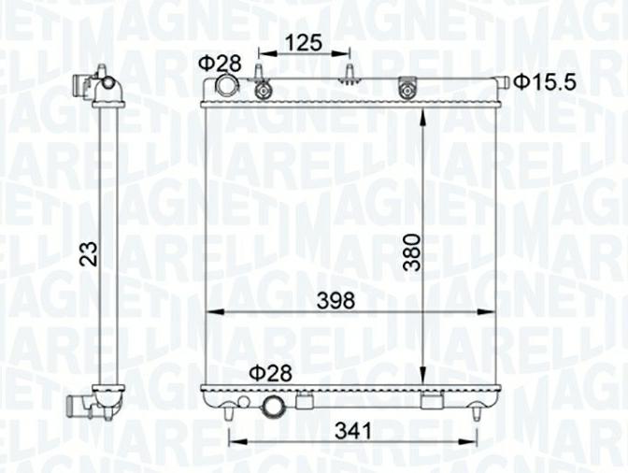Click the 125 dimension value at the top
tap(304, 42)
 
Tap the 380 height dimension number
tap(411, 251)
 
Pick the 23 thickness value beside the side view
tap(88, 254)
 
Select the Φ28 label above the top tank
tap(219, 64)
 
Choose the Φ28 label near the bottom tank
tap(269, 373)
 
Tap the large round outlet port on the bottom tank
tap(275, 407)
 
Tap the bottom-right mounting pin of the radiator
tap(477, 410)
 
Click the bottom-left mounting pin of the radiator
tap(230, 408)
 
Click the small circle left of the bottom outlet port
tap(244, 401)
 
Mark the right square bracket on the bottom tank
tap(430, 402)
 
